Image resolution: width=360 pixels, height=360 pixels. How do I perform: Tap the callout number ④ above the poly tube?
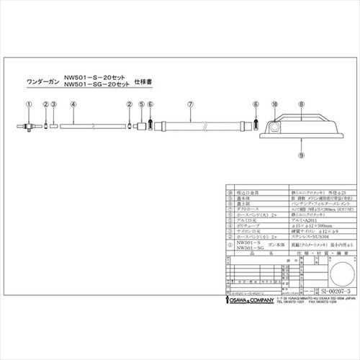[x=74, y=105]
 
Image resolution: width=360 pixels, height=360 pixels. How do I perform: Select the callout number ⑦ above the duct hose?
[x=189, y=105]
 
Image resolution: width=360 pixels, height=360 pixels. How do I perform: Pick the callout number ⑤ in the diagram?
[x=142, y=105]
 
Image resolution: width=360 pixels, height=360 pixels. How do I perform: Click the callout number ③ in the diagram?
[x=54, y=105]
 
